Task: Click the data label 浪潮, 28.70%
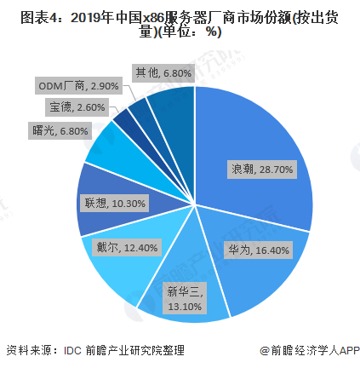click(x=262, y=170)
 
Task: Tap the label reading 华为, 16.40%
click(x=258, y=250)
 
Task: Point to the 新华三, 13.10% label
click(x=185, y=298)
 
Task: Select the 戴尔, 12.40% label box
click(x=127, y=247)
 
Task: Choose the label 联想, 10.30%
click(x=115, y=203)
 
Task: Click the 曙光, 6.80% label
click(x=60, y=131)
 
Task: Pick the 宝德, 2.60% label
click(x=77, y=107)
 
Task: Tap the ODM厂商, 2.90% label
click(x=78, y=85)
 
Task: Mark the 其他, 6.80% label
click(x=163, y=73)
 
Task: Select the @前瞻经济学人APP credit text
click(x=310, y=350)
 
